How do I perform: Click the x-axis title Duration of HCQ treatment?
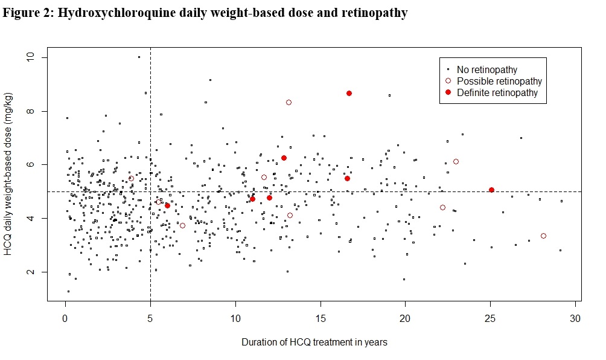pyautogui.click(x=314, y=342)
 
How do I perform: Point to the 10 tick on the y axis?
pyautogui.click(x=29, y=57)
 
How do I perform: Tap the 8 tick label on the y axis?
pyautogui.click(x=29, y=111)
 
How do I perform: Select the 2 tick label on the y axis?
pyautogui.click(x=29, y=272)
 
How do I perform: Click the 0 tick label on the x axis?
pyautogui.click(x=65, y=318)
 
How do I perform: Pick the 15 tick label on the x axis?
pyautogui.click(x=321, y=318)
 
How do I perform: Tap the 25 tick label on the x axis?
pyautogui.click(x=490, y=318)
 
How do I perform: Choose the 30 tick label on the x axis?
pyautogui.click(x=575, y=318)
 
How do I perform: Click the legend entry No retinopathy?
pyautogui.click(x=486, y=69)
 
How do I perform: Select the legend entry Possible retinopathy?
pyautogui.click(x=499, y=81)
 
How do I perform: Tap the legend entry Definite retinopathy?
pyautogui.click(x=497, y=92)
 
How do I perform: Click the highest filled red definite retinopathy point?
pyautogui.click(x=349, y=93)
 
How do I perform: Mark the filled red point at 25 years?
pyautogui.click(x=491, y=190)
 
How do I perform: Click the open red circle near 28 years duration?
pyautogui.click(x=543, y=236)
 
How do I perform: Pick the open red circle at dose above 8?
pyautogui.click(x=289, y=103)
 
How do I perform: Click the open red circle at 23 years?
pyautogui.click(x=456, y=161)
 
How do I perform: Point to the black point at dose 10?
pyautogui.click(x=139, y=57)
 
